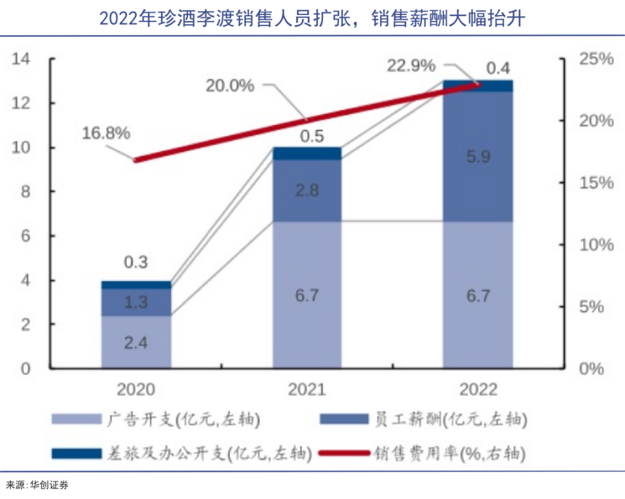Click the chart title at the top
point(312,19)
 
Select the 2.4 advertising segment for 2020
point(136,342)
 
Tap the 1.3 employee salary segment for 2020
point(136,303)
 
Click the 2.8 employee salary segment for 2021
point(307,191)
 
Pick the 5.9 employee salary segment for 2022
point(478,156)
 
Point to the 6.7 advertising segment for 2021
point(307,295)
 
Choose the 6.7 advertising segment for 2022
point(478,295)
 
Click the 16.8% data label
point(106,133)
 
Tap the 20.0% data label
point(230,85)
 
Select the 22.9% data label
point(411,66)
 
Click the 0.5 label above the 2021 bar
point(307,137)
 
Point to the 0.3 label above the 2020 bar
point(136,262)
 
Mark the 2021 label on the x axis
point(307,390)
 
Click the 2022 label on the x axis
point(478,390)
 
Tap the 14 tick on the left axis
point(21,59)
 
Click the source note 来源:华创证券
point(37,485)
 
